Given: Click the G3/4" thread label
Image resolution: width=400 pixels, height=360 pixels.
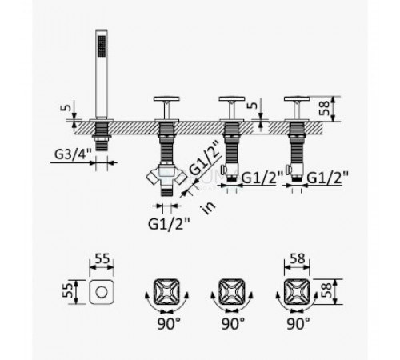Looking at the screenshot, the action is tap(73, 154).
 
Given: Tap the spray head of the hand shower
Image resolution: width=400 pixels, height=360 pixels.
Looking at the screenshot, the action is tap(102, 46).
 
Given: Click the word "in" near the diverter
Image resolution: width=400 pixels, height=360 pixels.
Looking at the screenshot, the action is tap(209, 207).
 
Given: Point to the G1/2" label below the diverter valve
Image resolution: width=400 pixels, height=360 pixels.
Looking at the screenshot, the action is tap(169, 223).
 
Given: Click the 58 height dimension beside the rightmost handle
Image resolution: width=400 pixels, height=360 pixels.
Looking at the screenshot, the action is tap(325, 108).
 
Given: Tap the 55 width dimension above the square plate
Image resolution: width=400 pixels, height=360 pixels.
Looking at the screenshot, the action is tap(102, 258).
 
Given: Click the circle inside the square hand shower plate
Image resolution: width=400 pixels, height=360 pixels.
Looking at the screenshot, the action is tap(102, 292).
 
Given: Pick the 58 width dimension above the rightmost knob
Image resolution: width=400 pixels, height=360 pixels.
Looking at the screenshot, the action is tap(298, 258).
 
